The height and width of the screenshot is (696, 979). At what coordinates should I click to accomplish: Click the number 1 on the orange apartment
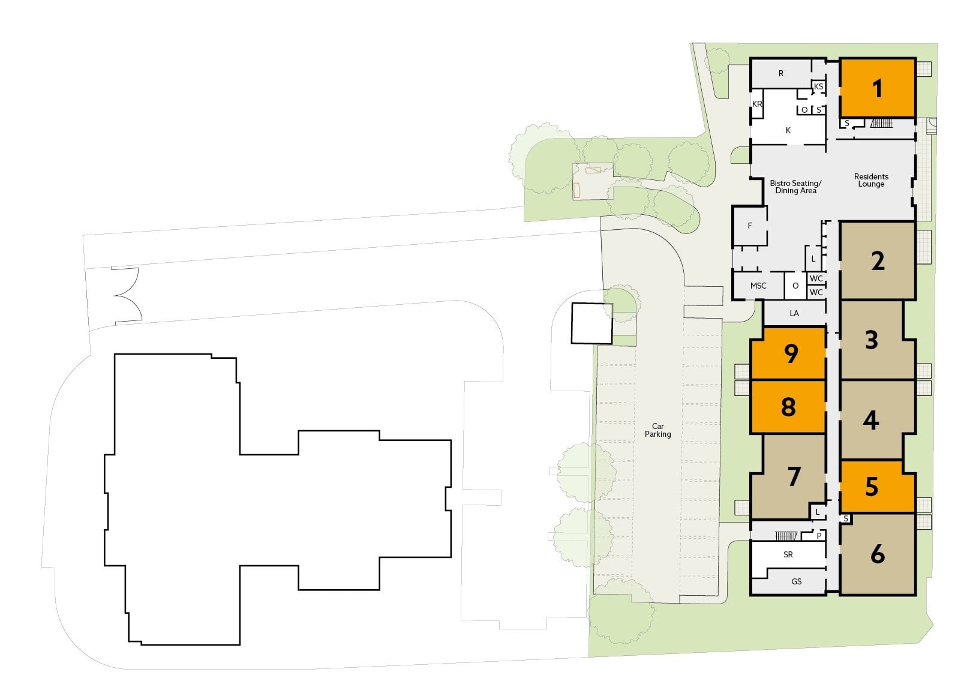[x=877, y=89]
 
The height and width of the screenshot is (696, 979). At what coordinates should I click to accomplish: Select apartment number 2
[x=878, y=261]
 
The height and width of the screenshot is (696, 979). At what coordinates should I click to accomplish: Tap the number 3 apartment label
[x=872, y=340]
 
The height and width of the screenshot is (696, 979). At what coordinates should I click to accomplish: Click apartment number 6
[x=878, y=554]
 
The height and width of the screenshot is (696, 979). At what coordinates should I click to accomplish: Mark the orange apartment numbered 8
[x=788, y=407]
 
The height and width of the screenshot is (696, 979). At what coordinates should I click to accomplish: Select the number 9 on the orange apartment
[x=791, y=353]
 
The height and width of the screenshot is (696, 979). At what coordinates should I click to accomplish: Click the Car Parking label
[x=657, y=430]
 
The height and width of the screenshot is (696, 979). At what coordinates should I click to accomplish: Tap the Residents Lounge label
[x=871, y=180]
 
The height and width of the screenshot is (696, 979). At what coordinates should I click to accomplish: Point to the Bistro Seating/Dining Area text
[x=795, y=187]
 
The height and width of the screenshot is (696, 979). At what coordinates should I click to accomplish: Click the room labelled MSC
[x=758, y=286]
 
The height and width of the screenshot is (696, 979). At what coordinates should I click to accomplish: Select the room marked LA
[x=794, y=313]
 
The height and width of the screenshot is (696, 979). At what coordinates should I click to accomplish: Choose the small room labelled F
[x=750, y=226]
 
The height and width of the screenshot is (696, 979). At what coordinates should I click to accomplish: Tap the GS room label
[x=796, y=581]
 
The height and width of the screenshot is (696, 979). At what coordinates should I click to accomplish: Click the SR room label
[x=788, y=554]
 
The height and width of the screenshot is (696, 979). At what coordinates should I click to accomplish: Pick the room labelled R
[x=781, y=73]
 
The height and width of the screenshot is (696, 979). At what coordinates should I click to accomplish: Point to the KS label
[x=818, y=86]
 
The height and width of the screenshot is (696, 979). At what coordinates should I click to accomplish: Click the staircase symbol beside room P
[x=786, y=536]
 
